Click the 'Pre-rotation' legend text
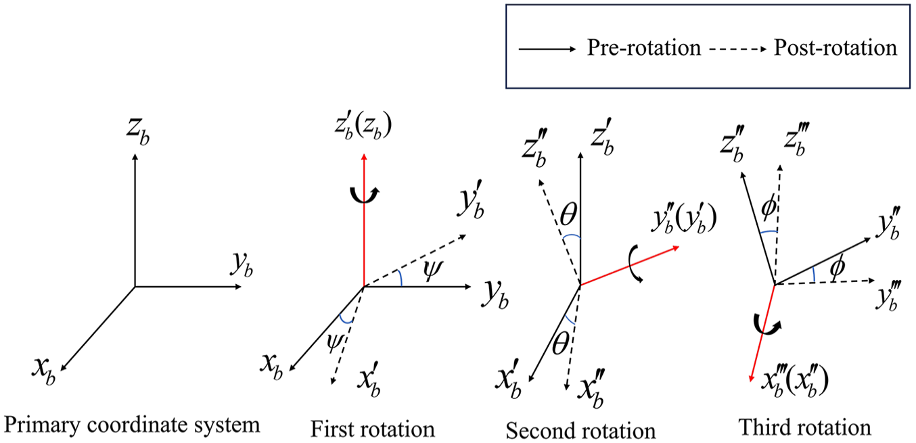[644, 48]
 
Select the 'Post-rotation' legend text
[835, 48]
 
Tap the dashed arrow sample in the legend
[737, 49]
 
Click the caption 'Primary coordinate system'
[132, 425]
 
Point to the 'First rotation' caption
[373, 429]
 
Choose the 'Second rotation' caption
[580, 431]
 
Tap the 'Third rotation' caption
[805, 427]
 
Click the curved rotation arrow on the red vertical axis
[365, 195]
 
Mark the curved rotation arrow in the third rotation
[768, 326]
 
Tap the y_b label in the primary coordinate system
[242, 265]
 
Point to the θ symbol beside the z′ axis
[568, 214]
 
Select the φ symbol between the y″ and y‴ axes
[838, 268]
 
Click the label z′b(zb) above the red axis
[363, 126]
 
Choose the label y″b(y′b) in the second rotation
[685, 220]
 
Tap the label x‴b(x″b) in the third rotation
[795, 383]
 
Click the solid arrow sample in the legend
[547, 49]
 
